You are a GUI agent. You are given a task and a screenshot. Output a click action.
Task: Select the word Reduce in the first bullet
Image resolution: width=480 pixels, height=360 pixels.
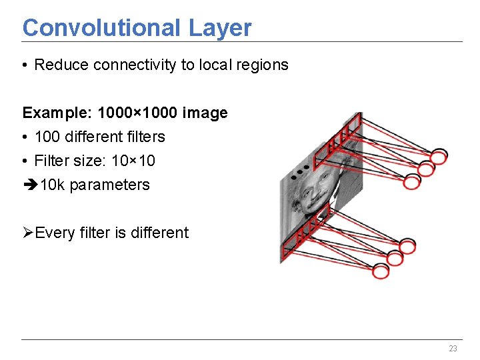(62, 65)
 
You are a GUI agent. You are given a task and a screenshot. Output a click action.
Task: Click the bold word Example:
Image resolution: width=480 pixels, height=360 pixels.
(53, 113)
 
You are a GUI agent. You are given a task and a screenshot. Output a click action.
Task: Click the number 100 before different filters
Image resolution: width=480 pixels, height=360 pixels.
(47, 137)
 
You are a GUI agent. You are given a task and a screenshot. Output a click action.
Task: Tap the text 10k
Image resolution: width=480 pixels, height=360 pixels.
(53, 185)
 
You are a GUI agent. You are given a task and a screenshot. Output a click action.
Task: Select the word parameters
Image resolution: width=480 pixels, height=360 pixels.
(109, 185)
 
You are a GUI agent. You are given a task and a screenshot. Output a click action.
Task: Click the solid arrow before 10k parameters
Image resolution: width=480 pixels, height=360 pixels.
(30, 185)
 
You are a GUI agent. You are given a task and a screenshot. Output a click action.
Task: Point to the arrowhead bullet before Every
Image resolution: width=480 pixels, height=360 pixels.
(28, 233)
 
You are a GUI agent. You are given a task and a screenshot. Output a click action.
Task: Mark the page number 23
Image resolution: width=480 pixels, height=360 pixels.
(453, 349)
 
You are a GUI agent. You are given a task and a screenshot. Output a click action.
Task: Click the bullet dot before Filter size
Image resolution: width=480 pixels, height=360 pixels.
(25, 161)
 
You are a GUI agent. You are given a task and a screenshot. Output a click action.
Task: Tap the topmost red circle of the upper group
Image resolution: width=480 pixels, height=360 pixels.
(439, 157)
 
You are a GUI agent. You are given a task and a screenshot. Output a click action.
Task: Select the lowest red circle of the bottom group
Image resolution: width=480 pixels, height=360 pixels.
(381, 271)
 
